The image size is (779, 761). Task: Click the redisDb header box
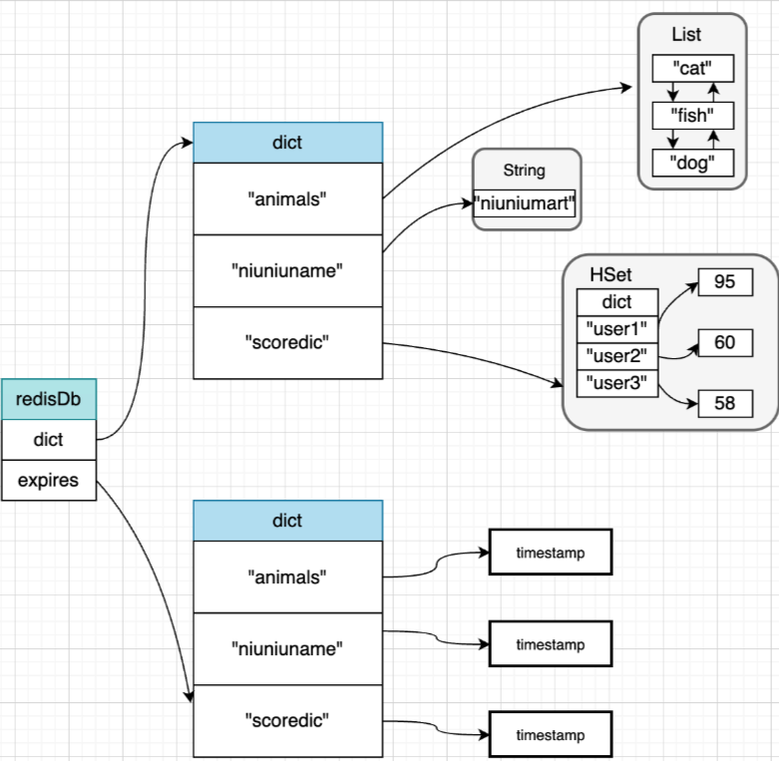[49, 399]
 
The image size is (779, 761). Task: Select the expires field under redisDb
[49, 480]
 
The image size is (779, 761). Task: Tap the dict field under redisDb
[49, 440]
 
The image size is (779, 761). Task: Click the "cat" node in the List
[692, 68]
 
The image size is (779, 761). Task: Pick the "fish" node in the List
[692, 116]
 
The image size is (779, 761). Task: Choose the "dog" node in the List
[692, 163]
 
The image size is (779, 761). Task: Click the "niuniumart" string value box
[524, 203]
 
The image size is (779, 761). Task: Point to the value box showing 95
[725, 281]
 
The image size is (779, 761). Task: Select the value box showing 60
[725, 342]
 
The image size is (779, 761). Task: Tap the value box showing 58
[725, 403]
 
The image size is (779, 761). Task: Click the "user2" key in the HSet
[617, 356]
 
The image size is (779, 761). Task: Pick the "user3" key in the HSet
[617, 383]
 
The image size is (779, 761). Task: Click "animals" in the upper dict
[287, 198]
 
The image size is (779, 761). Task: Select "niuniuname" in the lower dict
[287, 648]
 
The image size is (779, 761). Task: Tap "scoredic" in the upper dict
[287, 343]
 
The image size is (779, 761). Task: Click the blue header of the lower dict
[287, 521]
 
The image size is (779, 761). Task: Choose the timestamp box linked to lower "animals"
[551, 553]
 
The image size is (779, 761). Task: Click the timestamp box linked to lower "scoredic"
[551, 735]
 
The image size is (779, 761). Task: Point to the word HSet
[610, 274]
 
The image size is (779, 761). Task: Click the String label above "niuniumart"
[524, 171]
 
